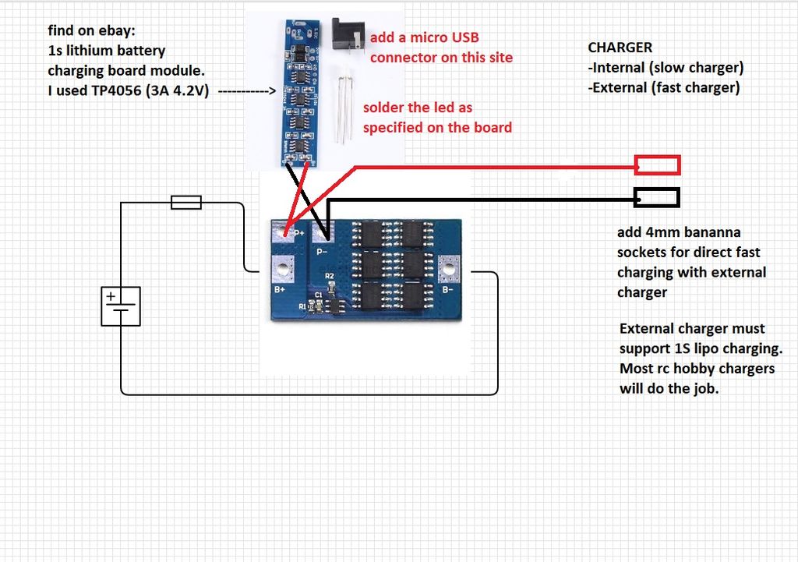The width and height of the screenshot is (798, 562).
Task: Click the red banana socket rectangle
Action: tap(658, 165)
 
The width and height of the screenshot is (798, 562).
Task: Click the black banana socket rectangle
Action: tap(656, 197)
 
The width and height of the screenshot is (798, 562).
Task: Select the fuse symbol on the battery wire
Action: tap(186, 203)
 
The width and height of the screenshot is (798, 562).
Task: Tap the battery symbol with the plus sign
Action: tap(121, 306)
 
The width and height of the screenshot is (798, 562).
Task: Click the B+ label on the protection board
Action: tap(280, 289)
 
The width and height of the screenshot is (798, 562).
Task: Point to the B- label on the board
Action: tap(447, 290)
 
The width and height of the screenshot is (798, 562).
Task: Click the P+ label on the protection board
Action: tap(299, 233)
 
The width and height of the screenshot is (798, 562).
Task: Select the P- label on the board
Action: tap(322, 252)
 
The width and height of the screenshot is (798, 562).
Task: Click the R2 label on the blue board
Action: tap(330, 276)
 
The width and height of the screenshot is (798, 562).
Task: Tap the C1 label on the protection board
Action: tap(319, 295)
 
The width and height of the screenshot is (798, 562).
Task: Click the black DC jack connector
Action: tap(348, 34)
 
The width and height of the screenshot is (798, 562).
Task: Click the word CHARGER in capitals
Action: tap(620, 48)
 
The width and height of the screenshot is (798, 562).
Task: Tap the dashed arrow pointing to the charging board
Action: tap(247, 91)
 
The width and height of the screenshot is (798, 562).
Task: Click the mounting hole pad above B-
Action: tap(449, 268)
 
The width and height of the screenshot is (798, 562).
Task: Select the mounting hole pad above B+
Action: tap(283, 268)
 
